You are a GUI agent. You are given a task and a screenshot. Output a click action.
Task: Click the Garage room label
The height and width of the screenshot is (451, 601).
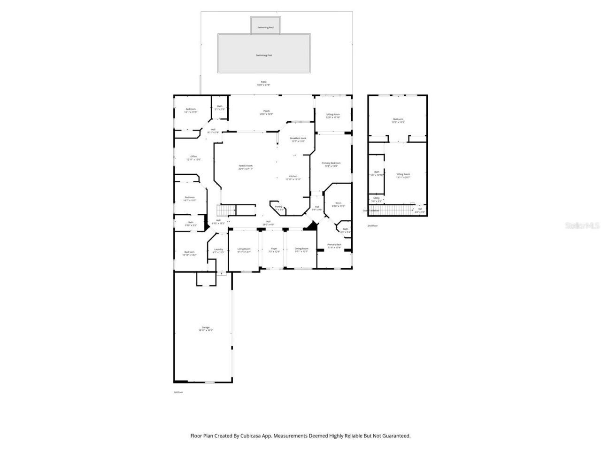point(206,327)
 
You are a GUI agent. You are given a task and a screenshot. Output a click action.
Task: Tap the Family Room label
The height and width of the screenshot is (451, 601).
point(246,166)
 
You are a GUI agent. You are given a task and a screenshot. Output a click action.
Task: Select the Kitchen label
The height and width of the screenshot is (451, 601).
point(293,176)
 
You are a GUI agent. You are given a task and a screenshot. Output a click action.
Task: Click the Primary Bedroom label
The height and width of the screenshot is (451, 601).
point(331,163)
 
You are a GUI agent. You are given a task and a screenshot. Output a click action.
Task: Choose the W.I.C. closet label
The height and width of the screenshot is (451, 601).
point(339,203)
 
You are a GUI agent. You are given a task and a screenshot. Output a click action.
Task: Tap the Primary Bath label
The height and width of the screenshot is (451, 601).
point(334,245)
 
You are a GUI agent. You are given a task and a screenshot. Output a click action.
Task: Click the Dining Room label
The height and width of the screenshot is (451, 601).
point(301,249)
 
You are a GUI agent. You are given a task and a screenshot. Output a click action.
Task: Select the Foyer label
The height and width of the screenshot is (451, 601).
point(274,249)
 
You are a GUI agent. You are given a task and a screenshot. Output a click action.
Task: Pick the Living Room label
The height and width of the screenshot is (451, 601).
point(244,249)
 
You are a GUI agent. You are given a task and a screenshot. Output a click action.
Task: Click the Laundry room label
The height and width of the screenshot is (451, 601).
point(218,249)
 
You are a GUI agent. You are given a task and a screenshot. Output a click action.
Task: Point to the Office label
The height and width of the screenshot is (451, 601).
point(193,156)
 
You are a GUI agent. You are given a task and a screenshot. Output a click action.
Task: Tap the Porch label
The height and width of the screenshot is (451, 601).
point(266,111)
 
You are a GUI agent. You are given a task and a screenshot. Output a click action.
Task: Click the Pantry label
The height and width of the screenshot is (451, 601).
point(278,206)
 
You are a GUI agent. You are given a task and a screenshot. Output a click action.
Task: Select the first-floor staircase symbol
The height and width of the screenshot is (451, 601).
point(225,210)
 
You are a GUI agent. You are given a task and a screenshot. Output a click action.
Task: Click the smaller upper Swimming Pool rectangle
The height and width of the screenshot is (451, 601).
point(265,26)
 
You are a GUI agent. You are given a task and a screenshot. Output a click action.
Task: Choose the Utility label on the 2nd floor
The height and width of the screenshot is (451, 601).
point(377,198)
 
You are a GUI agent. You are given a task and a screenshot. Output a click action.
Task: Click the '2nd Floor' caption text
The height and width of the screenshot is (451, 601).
point(372,225)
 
